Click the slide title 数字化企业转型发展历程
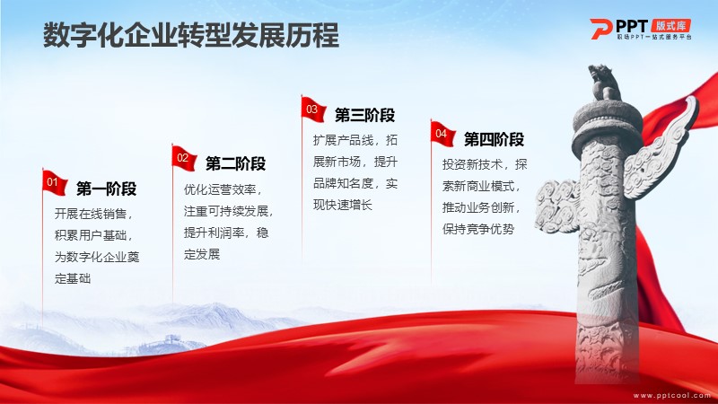pyautogui.click(x=191, y=35)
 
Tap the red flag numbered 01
pyautogui.click(x=55, y=183)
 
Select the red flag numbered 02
pyautogui.click(x=185, y=158)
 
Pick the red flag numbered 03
pyautogui.click(x=313, y=110)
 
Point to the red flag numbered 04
pyautogui.click(x=442, y=133)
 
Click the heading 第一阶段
pyautogui.click(x=106, y=189)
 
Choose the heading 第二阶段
pyautogui.click(x=235, y=163)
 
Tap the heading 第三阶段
pyautogui.click(x=364, y=115)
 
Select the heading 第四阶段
pyautogui.click(x=494, y=139)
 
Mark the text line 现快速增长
pyautogui.click(x=343, y=205)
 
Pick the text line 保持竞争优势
pyautogui.click(x=478, y=229)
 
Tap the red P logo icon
pyautogui.click(x=600, y=29)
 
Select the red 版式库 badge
pyautogui.click(x=670, y=25)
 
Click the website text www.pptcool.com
pyautogui.click(x=672, y=395)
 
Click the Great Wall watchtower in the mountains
pyautogui.click(x=171, y=339)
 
